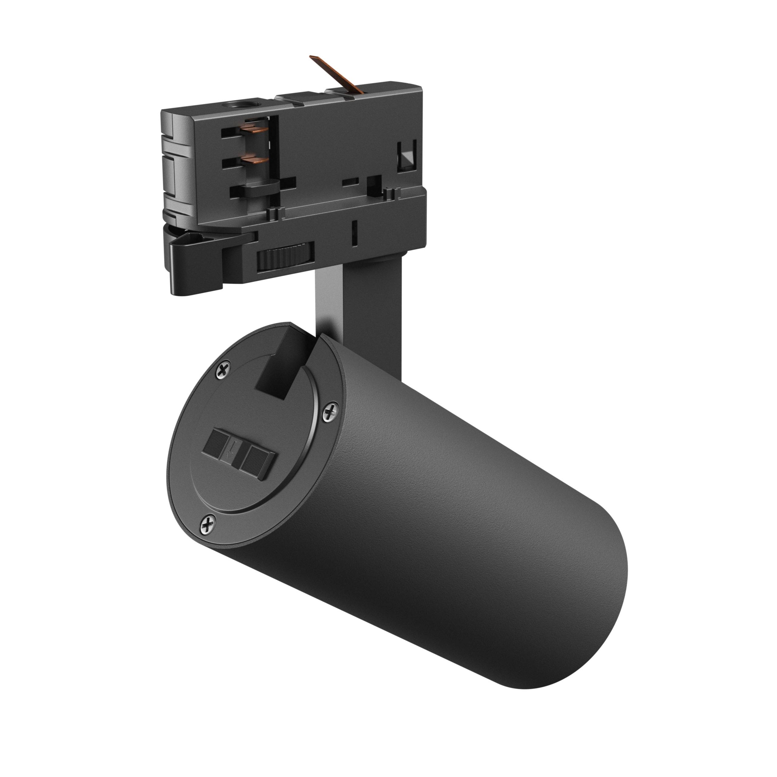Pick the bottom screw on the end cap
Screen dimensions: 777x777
pyautogui.click(x=208, y=524)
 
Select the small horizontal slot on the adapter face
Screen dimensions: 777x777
pyautogui.click(x=350, y=182)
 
